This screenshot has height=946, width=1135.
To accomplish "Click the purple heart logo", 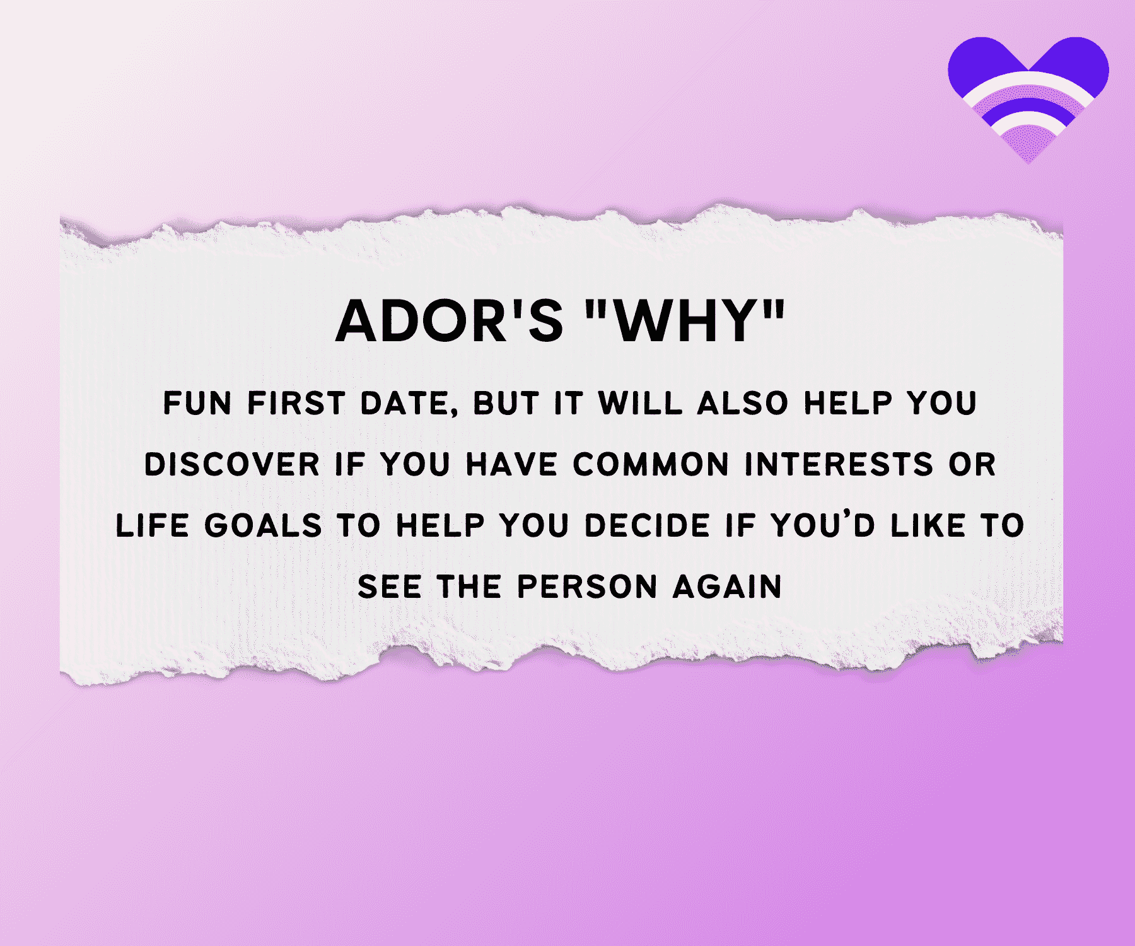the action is pyautogui.click(x=1028, y=95).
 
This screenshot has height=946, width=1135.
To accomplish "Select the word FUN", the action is pyautogui.click(x=197, y=403).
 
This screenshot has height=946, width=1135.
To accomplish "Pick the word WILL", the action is pyautogui.click(x=640, y=403).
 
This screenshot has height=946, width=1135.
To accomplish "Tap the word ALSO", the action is pyautogui.click(x=743, y=403).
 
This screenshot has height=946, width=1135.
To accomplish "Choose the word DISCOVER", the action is pyautogui.click(x=232, y=465).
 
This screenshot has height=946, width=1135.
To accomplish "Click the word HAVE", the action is pyautogui.click(x=511, y=465).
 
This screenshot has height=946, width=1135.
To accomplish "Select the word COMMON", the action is pyautogui.click(x=651, y=465).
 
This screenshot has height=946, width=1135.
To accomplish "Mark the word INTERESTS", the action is pyautogui.click(x=839, y=465).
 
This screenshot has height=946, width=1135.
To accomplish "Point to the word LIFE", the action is pyautogui.click(x=153, y=526).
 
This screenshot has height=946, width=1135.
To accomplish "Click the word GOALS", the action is pyautogui.click(x=263, y=526).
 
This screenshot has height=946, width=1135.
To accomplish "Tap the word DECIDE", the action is pyautogui.click(x=647, y=526).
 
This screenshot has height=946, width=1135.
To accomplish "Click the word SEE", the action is pyautogui.click(x=390, y=587).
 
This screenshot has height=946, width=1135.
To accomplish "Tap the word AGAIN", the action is pyautogui.click(x=728, y=587).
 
